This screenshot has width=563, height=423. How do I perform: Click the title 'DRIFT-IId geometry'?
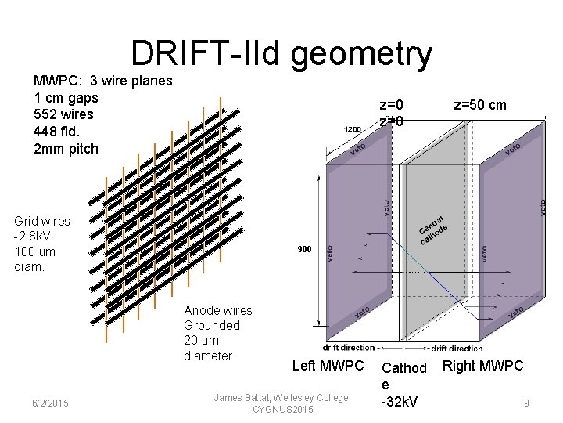coord(281,53)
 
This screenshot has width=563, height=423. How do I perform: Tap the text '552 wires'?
coord(63,114)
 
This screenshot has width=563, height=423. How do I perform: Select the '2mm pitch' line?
coord(66,149)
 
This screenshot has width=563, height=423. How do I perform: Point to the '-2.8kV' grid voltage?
coord(34,237)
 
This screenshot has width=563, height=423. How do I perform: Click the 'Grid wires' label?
coord(42,221)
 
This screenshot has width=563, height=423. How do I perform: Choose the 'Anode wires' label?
coord(218,310)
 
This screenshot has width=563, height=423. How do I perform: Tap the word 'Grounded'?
coord(212,325)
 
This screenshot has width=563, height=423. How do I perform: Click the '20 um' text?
coord(201,340)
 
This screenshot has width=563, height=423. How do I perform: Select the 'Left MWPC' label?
coord(328,366)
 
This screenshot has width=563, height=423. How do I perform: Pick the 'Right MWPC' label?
coord(482,365)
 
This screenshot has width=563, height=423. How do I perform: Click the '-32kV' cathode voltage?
coord(399,402)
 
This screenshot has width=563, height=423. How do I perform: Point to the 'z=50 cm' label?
coord(480,105)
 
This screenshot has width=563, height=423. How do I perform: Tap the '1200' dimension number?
coord(353,129)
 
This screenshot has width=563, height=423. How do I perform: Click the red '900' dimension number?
coord(304,250)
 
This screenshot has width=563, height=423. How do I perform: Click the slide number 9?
coord(527,403)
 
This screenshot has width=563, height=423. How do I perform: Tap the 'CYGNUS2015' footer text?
coord(282,410)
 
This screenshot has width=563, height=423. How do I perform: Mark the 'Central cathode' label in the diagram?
coord(433,230)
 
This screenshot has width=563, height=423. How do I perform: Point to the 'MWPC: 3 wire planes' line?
coord(102,80)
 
